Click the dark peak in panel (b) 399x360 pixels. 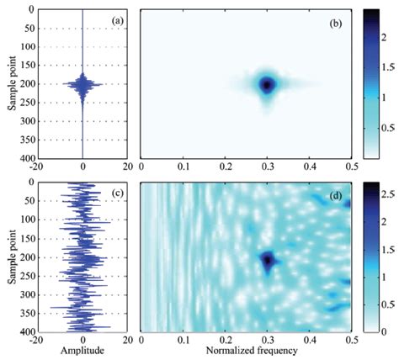point(267,85)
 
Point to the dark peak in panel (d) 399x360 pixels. point(268,259)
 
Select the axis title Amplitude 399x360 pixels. point(82,348)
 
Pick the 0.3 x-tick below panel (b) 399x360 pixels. point(267,167)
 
